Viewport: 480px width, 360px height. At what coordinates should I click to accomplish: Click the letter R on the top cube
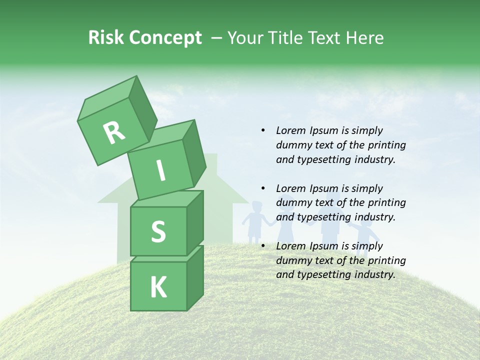coord(114,132)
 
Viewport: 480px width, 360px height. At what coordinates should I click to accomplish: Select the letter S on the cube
coord(158,231)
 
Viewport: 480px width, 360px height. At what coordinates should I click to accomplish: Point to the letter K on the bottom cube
coord(158,287)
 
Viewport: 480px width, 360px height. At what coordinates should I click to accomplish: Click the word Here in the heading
coord(365,37)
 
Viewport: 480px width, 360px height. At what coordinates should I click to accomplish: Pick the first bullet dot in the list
coord(263,130)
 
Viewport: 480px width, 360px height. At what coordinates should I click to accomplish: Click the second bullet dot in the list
coord(263,188)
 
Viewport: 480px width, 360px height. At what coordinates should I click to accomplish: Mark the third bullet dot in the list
coord(263,246)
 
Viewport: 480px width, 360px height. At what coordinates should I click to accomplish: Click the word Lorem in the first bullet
coord(290,130)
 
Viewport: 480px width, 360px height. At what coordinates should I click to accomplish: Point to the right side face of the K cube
coord(195,277)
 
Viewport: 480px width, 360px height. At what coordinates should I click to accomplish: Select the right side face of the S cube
coord(195,222)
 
